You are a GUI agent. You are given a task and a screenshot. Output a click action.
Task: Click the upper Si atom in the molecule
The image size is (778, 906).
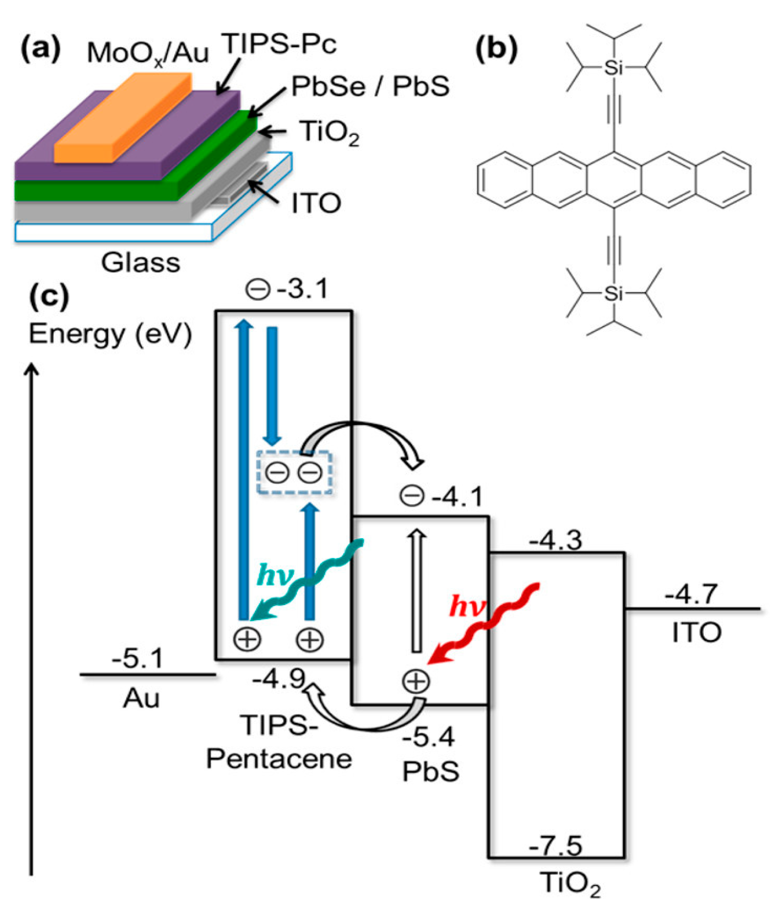click(613, 68)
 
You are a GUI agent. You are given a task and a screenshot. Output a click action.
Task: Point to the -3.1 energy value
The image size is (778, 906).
click(303, 289)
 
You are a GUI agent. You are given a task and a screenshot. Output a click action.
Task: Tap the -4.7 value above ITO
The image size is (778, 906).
click(691, 595)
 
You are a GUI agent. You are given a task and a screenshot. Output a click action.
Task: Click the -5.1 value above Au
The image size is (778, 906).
click(138, 659)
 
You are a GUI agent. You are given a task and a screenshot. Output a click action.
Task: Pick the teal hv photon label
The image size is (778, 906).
click(275, 574)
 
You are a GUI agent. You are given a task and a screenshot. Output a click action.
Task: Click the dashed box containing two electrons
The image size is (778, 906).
click(294, 472)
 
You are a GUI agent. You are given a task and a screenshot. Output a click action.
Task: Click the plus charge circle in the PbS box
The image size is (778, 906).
click(415, 681)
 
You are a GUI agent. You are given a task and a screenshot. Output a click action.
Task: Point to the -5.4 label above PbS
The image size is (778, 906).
click(428, 737)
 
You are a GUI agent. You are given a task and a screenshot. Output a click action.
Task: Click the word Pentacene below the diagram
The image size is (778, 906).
click(279, 759)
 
